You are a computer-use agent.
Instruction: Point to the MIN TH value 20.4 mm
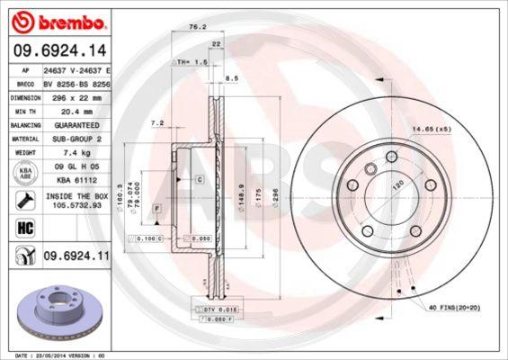click(68, 112)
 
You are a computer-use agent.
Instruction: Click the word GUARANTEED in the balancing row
click(69, 125)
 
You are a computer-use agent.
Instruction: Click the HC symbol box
click(20, 227)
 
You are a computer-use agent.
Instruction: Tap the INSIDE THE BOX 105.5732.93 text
click(75, 201)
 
